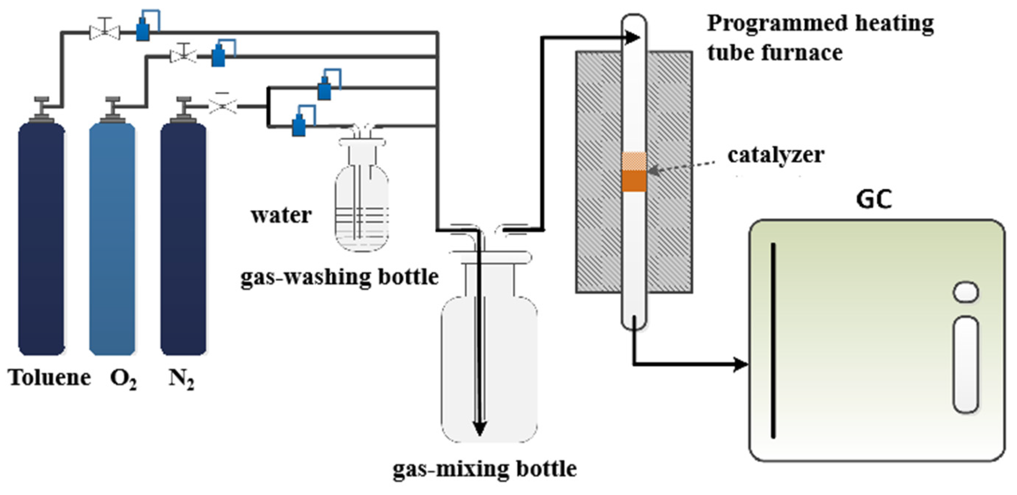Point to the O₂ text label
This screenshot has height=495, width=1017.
pos(123,379)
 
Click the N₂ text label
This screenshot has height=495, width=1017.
pos(181,379)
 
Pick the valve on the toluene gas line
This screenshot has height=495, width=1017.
pos(104,29)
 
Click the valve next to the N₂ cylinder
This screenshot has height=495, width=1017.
pos(223,104)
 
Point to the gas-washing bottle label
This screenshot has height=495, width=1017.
pos(340,277)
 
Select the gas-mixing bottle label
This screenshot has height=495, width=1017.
pos(485,469)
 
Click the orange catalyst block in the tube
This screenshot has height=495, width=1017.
pos(634,181)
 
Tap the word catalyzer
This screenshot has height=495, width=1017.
pos(776,155)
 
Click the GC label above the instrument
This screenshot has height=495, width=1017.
pos(874,199)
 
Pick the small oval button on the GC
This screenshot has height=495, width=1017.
pos(966,292)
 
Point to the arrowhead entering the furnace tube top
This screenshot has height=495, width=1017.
pos(633,38)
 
